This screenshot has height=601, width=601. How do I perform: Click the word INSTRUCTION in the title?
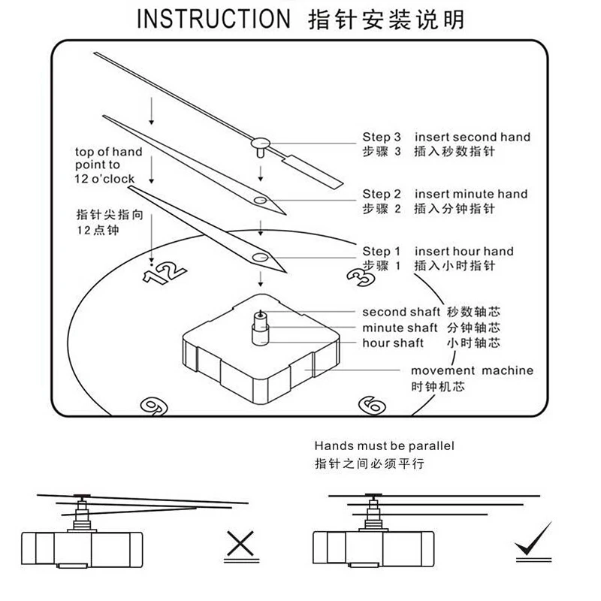click(213, 19)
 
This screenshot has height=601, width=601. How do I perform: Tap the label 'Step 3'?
click(387, 137)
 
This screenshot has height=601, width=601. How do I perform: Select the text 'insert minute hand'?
click(471, 194)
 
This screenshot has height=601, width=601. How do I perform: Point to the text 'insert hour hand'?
click(464, 251)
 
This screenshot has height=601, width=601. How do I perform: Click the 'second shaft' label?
click(401, 312)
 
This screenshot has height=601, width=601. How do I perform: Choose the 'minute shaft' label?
click(400, 328)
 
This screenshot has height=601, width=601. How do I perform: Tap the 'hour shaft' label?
click(393, 343)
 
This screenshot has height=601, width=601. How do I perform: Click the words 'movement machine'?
click(472, 370)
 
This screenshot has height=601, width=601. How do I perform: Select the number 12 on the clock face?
click(163, 273)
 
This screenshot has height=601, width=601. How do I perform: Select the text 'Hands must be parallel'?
click(384, 446)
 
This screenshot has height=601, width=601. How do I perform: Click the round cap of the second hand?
click(260, 140)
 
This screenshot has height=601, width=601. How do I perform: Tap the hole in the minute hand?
click(260, 200)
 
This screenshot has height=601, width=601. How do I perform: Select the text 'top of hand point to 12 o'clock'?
click(108, 165)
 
